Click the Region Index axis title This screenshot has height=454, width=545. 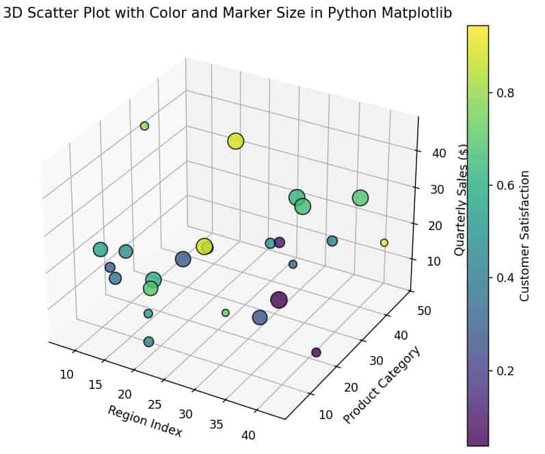(x=144, y=421)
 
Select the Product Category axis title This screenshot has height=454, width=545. (x=382, y=385)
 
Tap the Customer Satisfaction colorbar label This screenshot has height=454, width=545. (x=524, y=236)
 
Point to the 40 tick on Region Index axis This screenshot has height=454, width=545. (x=248, y=435)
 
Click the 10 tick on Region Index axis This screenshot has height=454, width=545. (x=66, y=374)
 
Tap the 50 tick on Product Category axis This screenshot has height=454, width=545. (x=423, y=310)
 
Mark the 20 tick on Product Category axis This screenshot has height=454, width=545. (x=351, y=387)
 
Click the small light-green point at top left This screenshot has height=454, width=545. (x=144, y=126)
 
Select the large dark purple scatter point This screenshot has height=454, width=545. (x=278, y=300)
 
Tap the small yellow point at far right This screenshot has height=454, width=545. (x=384, y=242)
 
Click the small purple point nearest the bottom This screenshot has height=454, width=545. (x=316, y=352)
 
